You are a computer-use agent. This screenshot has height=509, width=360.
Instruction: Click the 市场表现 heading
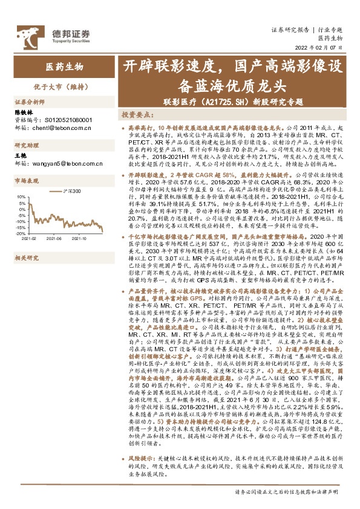tap(27, 181)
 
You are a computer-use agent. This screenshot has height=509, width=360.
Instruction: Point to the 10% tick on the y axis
tap(21, 196)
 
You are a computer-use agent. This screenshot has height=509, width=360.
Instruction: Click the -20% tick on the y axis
tap(19, 233)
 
